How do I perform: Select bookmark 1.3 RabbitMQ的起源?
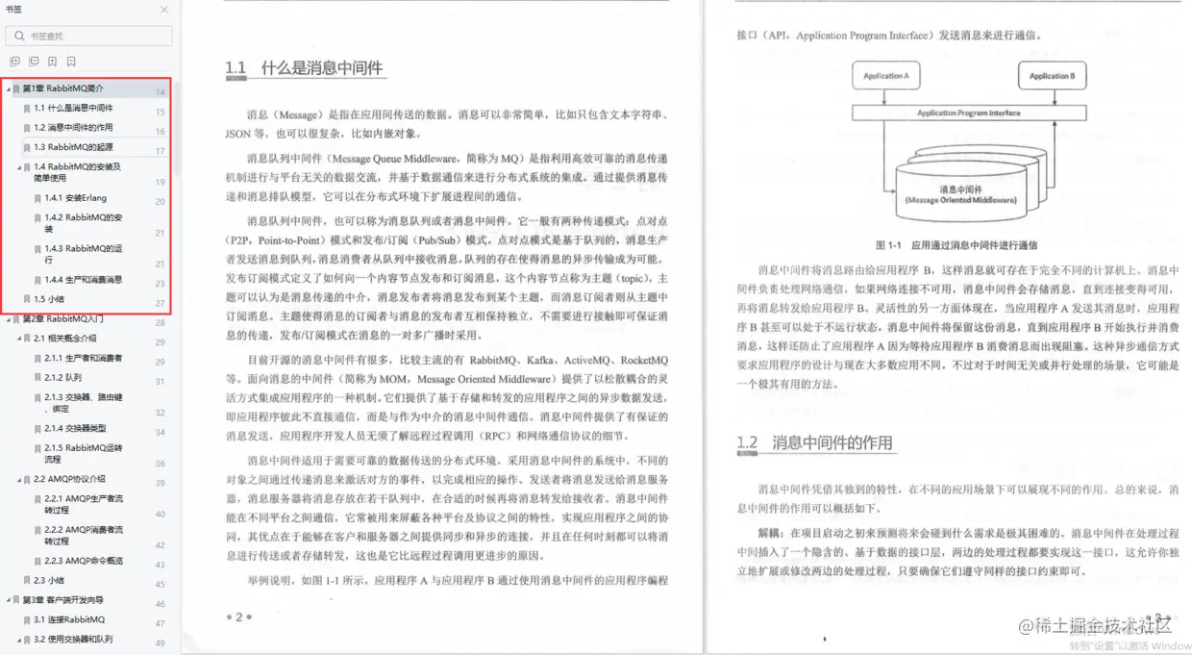[73, 147]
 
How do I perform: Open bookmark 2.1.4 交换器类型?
[75, 428]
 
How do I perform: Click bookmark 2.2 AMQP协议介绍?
[69, 479]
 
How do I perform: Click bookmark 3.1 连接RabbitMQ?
[69, 620]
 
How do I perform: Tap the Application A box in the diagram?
[885, 76]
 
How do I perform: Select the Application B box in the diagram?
[1052, 76]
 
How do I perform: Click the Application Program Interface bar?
[968, 113]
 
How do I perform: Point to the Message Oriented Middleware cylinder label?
[960, 195]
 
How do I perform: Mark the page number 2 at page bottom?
[238, 617]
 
